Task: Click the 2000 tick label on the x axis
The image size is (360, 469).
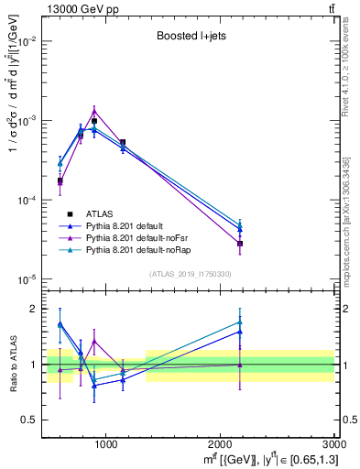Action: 220,444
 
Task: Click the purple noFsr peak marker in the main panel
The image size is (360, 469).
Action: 93,111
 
